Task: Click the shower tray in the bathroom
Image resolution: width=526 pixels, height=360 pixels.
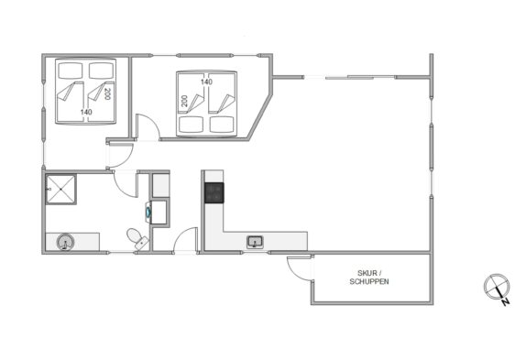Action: tap(60, 190)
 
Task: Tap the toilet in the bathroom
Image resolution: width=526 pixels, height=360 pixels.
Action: tap(137, 238)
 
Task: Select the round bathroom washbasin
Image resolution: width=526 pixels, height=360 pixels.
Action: tap(65, 242)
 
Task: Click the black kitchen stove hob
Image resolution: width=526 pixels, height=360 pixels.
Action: tap(214, 192)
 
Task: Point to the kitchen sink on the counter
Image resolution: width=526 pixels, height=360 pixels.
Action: tap(256, 242)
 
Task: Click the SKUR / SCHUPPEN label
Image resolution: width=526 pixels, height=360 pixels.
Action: tap(369, 278)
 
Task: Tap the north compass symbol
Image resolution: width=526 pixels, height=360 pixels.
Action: tap(497, 288)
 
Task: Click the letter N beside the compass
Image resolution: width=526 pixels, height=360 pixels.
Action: tap(506, 302)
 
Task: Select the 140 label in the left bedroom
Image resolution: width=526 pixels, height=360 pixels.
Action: tap(86, 112)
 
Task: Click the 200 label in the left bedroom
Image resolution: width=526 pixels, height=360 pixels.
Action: tap(107, 93)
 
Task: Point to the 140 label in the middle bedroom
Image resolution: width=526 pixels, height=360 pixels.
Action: tap(207, 82)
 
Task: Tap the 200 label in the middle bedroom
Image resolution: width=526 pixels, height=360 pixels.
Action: tap(184, 101)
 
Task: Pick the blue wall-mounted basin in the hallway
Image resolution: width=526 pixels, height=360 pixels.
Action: tap(148, 212)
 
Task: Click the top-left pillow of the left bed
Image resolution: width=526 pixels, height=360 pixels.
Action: tap(71, 71)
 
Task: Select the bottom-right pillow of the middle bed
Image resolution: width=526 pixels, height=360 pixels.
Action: tap(222, 125)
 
